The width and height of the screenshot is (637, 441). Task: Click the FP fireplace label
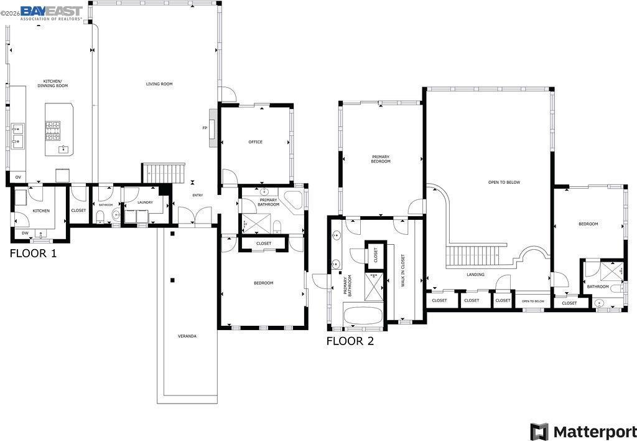(205, 128)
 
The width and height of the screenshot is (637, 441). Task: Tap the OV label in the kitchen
(18, 178)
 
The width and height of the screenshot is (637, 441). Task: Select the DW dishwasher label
(25, 233)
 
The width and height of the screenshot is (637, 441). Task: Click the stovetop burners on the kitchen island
(53, 131)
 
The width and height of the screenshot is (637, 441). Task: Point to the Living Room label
(159, 84)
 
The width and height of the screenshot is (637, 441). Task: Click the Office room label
(256, 142)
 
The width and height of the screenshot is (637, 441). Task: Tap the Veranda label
(187, 336)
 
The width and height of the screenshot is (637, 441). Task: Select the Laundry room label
(145, 202)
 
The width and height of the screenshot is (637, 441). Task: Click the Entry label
(197, 196)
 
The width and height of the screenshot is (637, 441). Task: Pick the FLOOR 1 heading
(34, 254)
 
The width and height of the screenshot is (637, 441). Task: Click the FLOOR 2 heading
(350, 341)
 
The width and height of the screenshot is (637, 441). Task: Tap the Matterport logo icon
(539, 431)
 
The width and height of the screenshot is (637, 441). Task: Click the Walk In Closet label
(403, 271)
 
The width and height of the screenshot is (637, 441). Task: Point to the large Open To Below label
(504, 183)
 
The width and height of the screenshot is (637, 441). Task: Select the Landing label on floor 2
(475, 275)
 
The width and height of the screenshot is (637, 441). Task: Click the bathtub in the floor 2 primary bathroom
(363, 316)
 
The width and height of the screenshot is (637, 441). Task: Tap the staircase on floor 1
(164, 174)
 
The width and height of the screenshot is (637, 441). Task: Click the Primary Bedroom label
(381, 159)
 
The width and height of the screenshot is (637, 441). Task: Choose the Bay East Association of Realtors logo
(52, 13)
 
